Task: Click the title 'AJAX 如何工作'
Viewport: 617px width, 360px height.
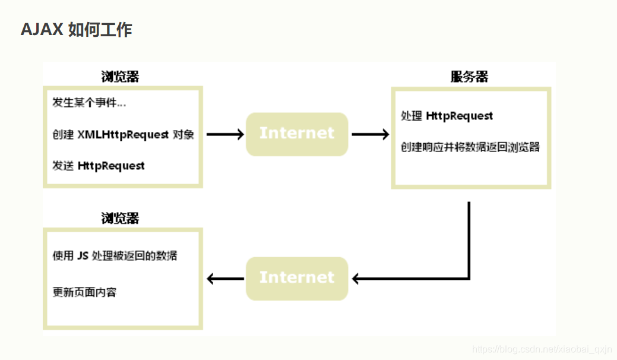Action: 76,30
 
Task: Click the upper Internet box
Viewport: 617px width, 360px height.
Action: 297,134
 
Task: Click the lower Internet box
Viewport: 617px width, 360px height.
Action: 297,278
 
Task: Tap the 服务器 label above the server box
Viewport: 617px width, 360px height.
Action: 469,77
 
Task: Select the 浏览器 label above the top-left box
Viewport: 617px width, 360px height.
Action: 120,77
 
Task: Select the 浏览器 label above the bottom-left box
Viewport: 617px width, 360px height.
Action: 120,218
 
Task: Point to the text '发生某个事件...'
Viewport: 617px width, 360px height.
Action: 89,103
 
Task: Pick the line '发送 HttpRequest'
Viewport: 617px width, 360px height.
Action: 99,166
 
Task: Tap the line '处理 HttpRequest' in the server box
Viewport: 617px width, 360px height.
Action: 447,116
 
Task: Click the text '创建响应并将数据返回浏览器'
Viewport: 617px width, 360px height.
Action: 470,147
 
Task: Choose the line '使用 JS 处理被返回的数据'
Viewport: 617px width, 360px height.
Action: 115,256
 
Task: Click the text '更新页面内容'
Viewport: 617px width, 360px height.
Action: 85,292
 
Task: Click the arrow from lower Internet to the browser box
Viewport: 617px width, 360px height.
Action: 224,278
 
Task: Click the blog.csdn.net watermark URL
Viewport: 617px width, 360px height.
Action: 542,350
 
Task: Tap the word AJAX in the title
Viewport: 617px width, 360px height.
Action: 42,30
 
